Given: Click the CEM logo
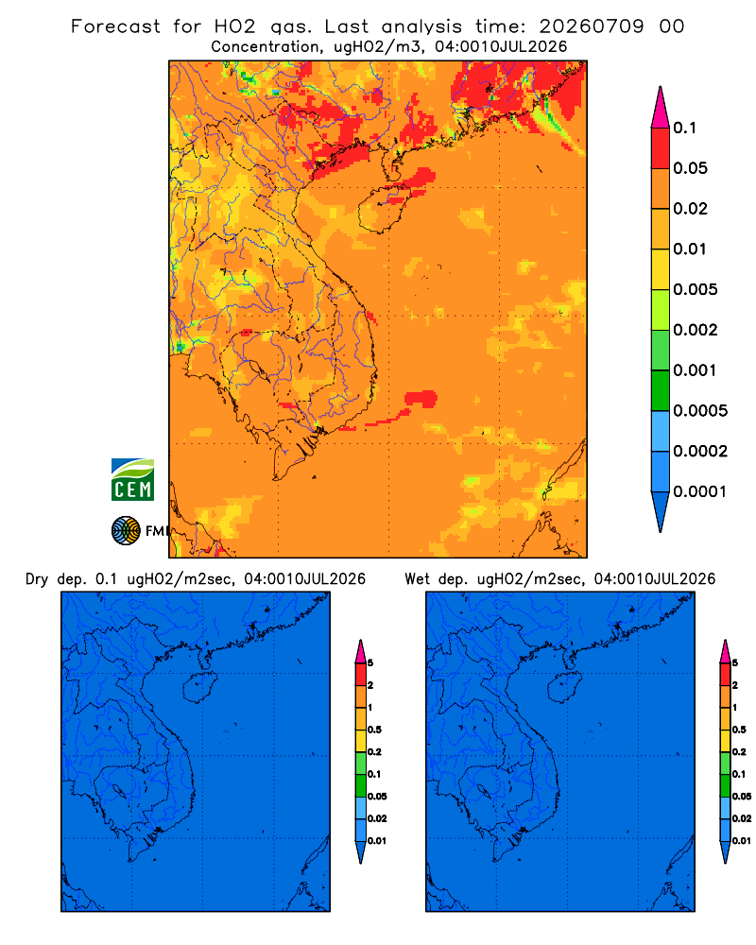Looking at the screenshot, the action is click(x=132, y=480).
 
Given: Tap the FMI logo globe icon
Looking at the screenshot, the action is click(x=126, y=531).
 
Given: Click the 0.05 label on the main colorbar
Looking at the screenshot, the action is click(x=690, y=168).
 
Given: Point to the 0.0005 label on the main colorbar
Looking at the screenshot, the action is click(x=700, y=411).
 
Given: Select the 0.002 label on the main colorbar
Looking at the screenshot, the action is click(x=696, y=330).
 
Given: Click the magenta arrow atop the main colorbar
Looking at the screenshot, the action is click(x=661, y=108).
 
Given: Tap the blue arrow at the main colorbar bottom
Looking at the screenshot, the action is click(x=661, y=511).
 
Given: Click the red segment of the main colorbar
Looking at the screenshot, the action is click(x=661, y=148).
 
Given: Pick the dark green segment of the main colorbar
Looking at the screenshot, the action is click(x=661, y=390).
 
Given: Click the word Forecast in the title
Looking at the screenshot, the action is click(x=115, y=26).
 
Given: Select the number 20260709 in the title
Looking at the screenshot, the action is click(x=592, y=26).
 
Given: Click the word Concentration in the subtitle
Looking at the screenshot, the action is click(x=266, y=47).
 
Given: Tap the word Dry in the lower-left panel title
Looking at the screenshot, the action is click(x=37, y=579).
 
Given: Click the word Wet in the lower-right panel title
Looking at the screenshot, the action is click(x=417, y=579).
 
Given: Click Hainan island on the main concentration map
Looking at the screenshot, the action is click(x=382, y=209).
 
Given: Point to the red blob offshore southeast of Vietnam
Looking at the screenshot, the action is click(x=421, y=399).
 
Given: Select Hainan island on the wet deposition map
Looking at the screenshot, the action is click(x=564, y=688).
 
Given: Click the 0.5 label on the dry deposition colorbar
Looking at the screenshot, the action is click(x=374, y=730).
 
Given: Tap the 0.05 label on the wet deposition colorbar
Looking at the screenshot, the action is click(x=742, y=797).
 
